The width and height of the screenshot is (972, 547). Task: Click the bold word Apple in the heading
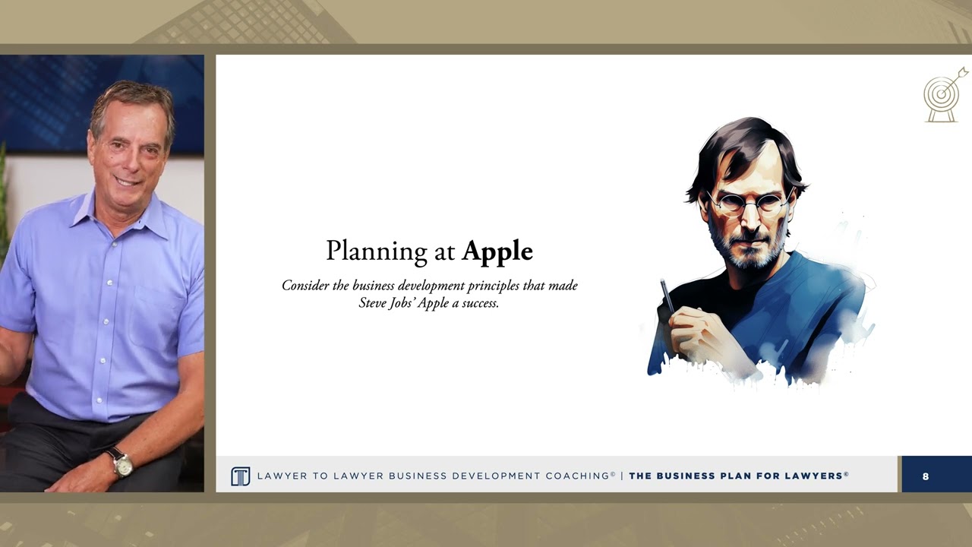pos(497,251)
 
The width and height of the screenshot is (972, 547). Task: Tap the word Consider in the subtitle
pos(305,286)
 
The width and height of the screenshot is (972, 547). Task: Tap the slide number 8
pos(926,476)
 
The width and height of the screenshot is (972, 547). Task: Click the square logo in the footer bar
pos(240,476)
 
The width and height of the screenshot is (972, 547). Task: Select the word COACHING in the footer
pos(577,476)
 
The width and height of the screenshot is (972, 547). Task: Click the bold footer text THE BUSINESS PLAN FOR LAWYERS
pos(736,476)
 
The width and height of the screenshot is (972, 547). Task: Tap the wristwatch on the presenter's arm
pos(121,462)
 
